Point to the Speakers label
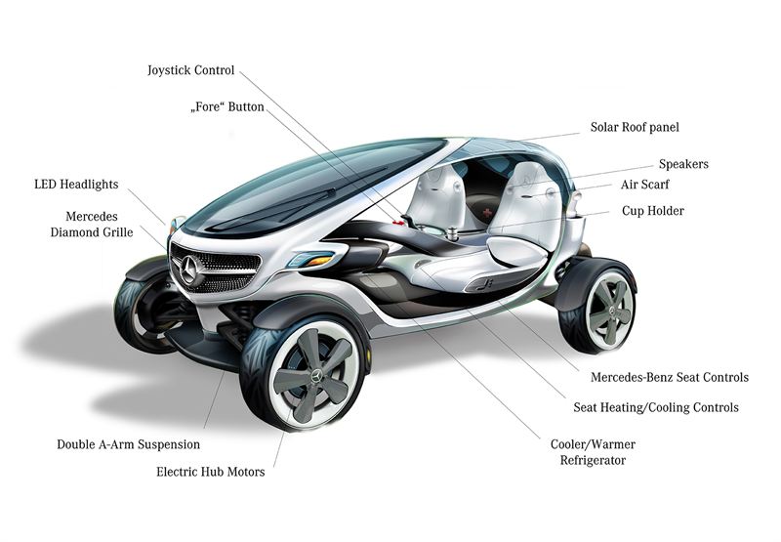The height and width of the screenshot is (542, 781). pos(683,164)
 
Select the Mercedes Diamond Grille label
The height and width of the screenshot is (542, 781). pos(92,224)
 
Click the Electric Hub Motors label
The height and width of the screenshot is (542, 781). pos(210,472)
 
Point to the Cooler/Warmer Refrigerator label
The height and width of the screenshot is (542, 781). pos(595,451)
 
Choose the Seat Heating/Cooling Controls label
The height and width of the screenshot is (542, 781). pos(655,407)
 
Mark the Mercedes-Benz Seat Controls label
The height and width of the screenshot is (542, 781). pos(670,377)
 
